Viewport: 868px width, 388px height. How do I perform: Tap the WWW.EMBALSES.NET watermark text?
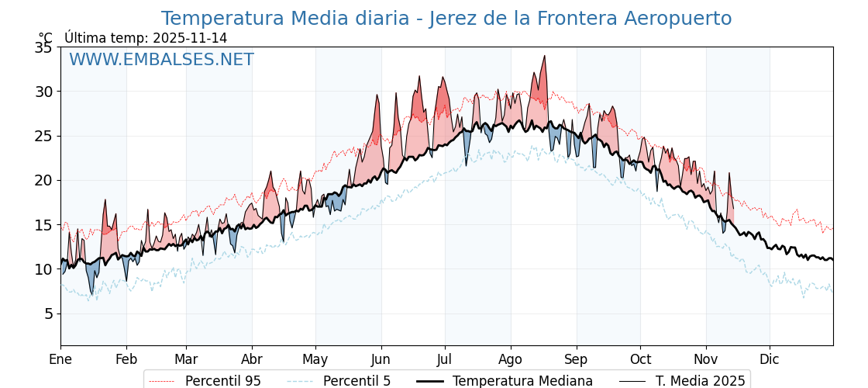pos(161,60)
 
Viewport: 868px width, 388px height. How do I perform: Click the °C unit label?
pos(46,38)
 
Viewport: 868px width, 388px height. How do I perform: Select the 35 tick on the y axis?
pos(43,47)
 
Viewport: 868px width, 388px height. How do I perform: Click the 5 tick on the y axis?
pos(48,314)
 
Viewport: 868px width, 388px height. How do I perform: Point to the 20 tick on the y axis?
pos(43,180)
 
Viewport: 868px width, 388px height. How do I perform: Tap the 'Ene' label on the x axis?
pos(60,359)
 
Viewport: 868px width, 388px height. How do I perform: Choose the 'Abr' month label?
pos(252,359)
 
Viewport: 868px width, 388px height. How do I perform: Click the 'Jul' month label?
pos(445,359)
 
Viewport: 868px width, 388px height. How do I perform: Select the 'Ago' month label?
pos(511,359)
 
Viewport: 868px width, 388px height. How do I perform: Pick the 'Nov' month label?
pos(706,359)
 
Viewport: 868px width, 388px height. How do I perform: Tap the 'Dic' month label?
pos(770,359)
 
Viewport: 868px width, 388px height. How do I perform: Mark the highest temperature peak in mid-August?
pos(545,56)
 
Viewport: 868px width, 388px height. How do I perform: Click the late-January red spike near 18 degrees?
pos(105,200)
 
